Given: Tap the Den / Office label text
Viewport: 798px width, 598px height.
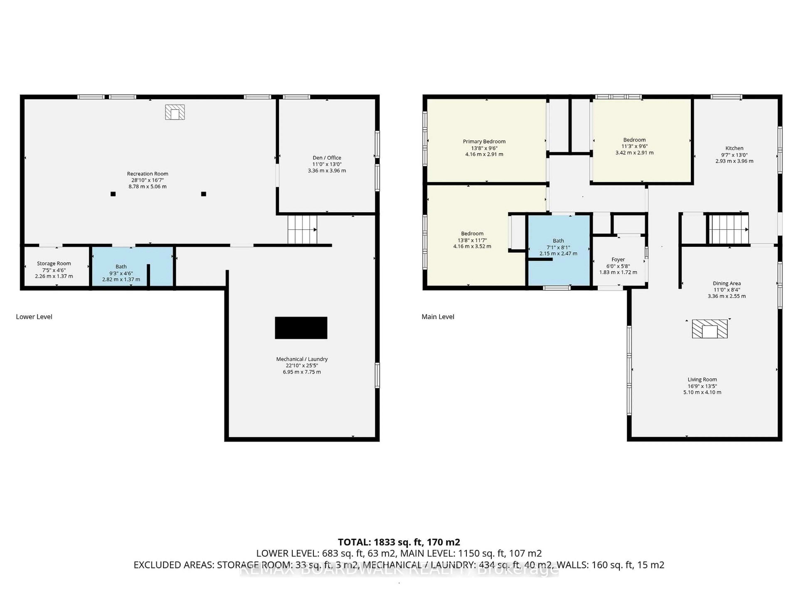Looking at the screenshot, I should [x=326, y=158].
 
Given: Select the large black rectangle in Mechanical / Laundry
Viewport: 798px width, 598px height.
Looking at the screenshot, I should [x=301, y=328].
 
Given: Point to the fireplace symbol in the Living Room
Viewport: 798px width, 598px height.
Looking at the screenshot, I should [x=709, y=329].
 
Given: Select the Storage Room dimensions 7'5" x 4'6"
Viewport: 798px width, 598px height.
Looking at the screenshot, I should [x=54, y=270].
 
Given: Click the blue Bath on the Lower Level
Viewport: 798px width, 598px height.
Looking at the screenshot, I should [x=121, y=267].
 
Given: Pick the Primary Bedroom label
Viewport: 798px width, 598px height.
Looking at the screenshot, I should [x=484, y=141].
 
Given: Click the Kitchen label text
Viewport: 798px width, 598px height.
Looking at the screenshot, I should [x=734, y=148].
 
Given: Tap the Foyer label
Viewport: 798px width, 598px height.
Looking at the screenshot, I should [x=618, y=260].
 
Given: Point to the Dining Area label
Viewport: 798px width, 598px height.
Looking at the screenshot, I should [x=727, y=283].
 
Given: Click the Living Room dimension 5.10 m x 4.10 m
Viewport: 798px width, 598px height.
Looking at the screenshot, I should [x=702, y=392].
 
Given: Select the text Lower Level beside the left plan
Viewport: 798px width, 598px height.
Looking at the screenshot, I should [x=34, y=317].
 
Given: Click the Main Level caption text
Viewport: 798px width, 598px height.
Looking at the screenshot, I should [x=438, y=317].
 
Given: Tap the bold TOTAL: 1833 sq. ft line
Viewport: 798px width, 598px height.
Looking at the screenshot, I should [x=399, y=542].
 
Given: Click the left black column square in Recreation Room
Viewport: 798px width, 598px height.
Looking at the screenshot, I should [x=113, y=194].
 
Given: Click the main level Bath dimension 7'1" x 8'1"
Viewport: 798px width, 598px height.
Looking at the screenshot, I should [x=558, y=247].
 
